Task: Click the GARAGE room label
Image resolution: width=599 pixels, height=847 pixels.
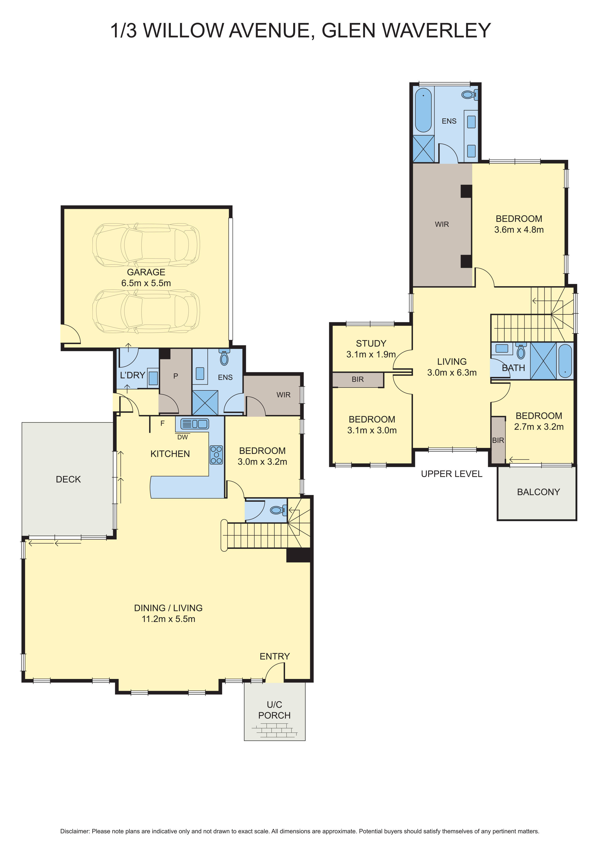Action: [146, 272]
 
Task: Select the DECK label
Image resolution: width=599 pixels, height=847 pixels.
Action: [68, 479]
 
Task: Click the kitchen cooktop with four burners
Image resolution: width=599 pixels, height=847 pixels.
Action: [216, 455]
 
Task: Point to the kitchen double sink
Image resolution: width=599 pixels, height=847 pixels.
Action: [194, 424]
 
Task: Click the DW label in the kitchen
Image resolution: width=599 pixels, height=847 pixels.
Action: [182, 437]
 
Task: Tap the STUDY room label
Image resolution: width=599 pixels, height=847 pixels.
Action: [371, 343]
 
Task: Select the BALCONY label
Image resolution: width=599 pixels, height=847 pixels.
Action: [538, 492]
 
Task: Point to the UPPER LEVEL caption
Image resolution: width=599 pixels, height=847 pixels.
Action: [451, 474]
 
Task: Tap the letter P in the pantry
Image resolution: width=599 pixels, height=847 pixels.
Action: [176, 376]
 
